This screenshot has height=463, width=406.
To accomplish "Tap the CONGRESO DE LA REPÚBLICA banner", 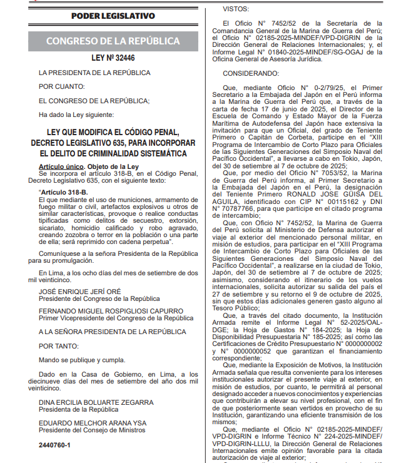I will pyautogui.click(x=113, y=41).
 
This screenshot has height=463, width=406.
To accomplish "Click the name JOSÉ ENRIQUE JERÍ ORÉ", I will pyautogui.click(x=80, y=291).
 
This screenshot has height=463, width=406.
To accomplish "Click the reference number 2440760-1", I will pyautogui.click(x=54, y=445).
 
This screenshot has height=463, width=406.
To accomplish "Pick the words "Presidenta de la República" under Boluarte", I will pyautogui.click(x=78, y=409).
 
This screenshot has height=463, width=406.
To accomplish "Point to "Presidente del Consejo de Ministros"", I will pyautogui.click(x=92, y=430).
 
